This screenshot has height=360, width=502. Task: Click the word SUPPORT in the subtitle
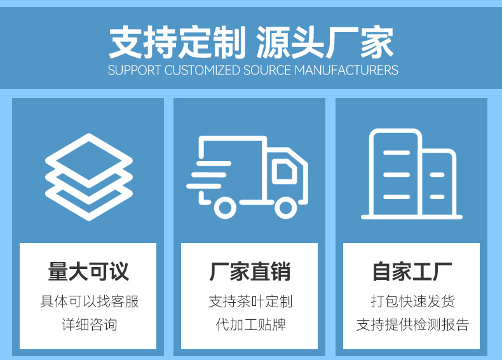[x=135, y=70]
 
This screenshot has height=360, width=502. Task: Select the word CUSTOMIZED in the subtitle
[x=202, y=70]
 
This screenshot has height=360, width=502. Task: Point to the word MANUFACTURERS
[x=346, y=70]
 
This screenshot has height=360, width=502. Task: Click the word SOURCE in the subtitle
[x=267, y=70]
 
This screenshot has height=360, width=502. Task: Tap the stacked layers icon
[x=89, y=176]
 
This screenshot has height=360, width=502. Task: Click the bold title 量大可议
[x=88, y=272]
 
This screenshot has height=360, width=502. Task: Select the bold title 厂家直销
[x=250, y=272]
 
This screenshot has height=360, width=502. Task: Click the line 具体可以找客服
[x=88, y=301]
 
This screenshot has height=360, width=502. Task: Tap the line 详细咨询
[x=88, y=324]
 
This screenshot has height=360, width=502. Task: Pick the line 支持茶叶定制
[x=250, y=301]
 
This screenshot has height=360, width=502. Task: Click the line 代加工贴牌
[x=250, y=324]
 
